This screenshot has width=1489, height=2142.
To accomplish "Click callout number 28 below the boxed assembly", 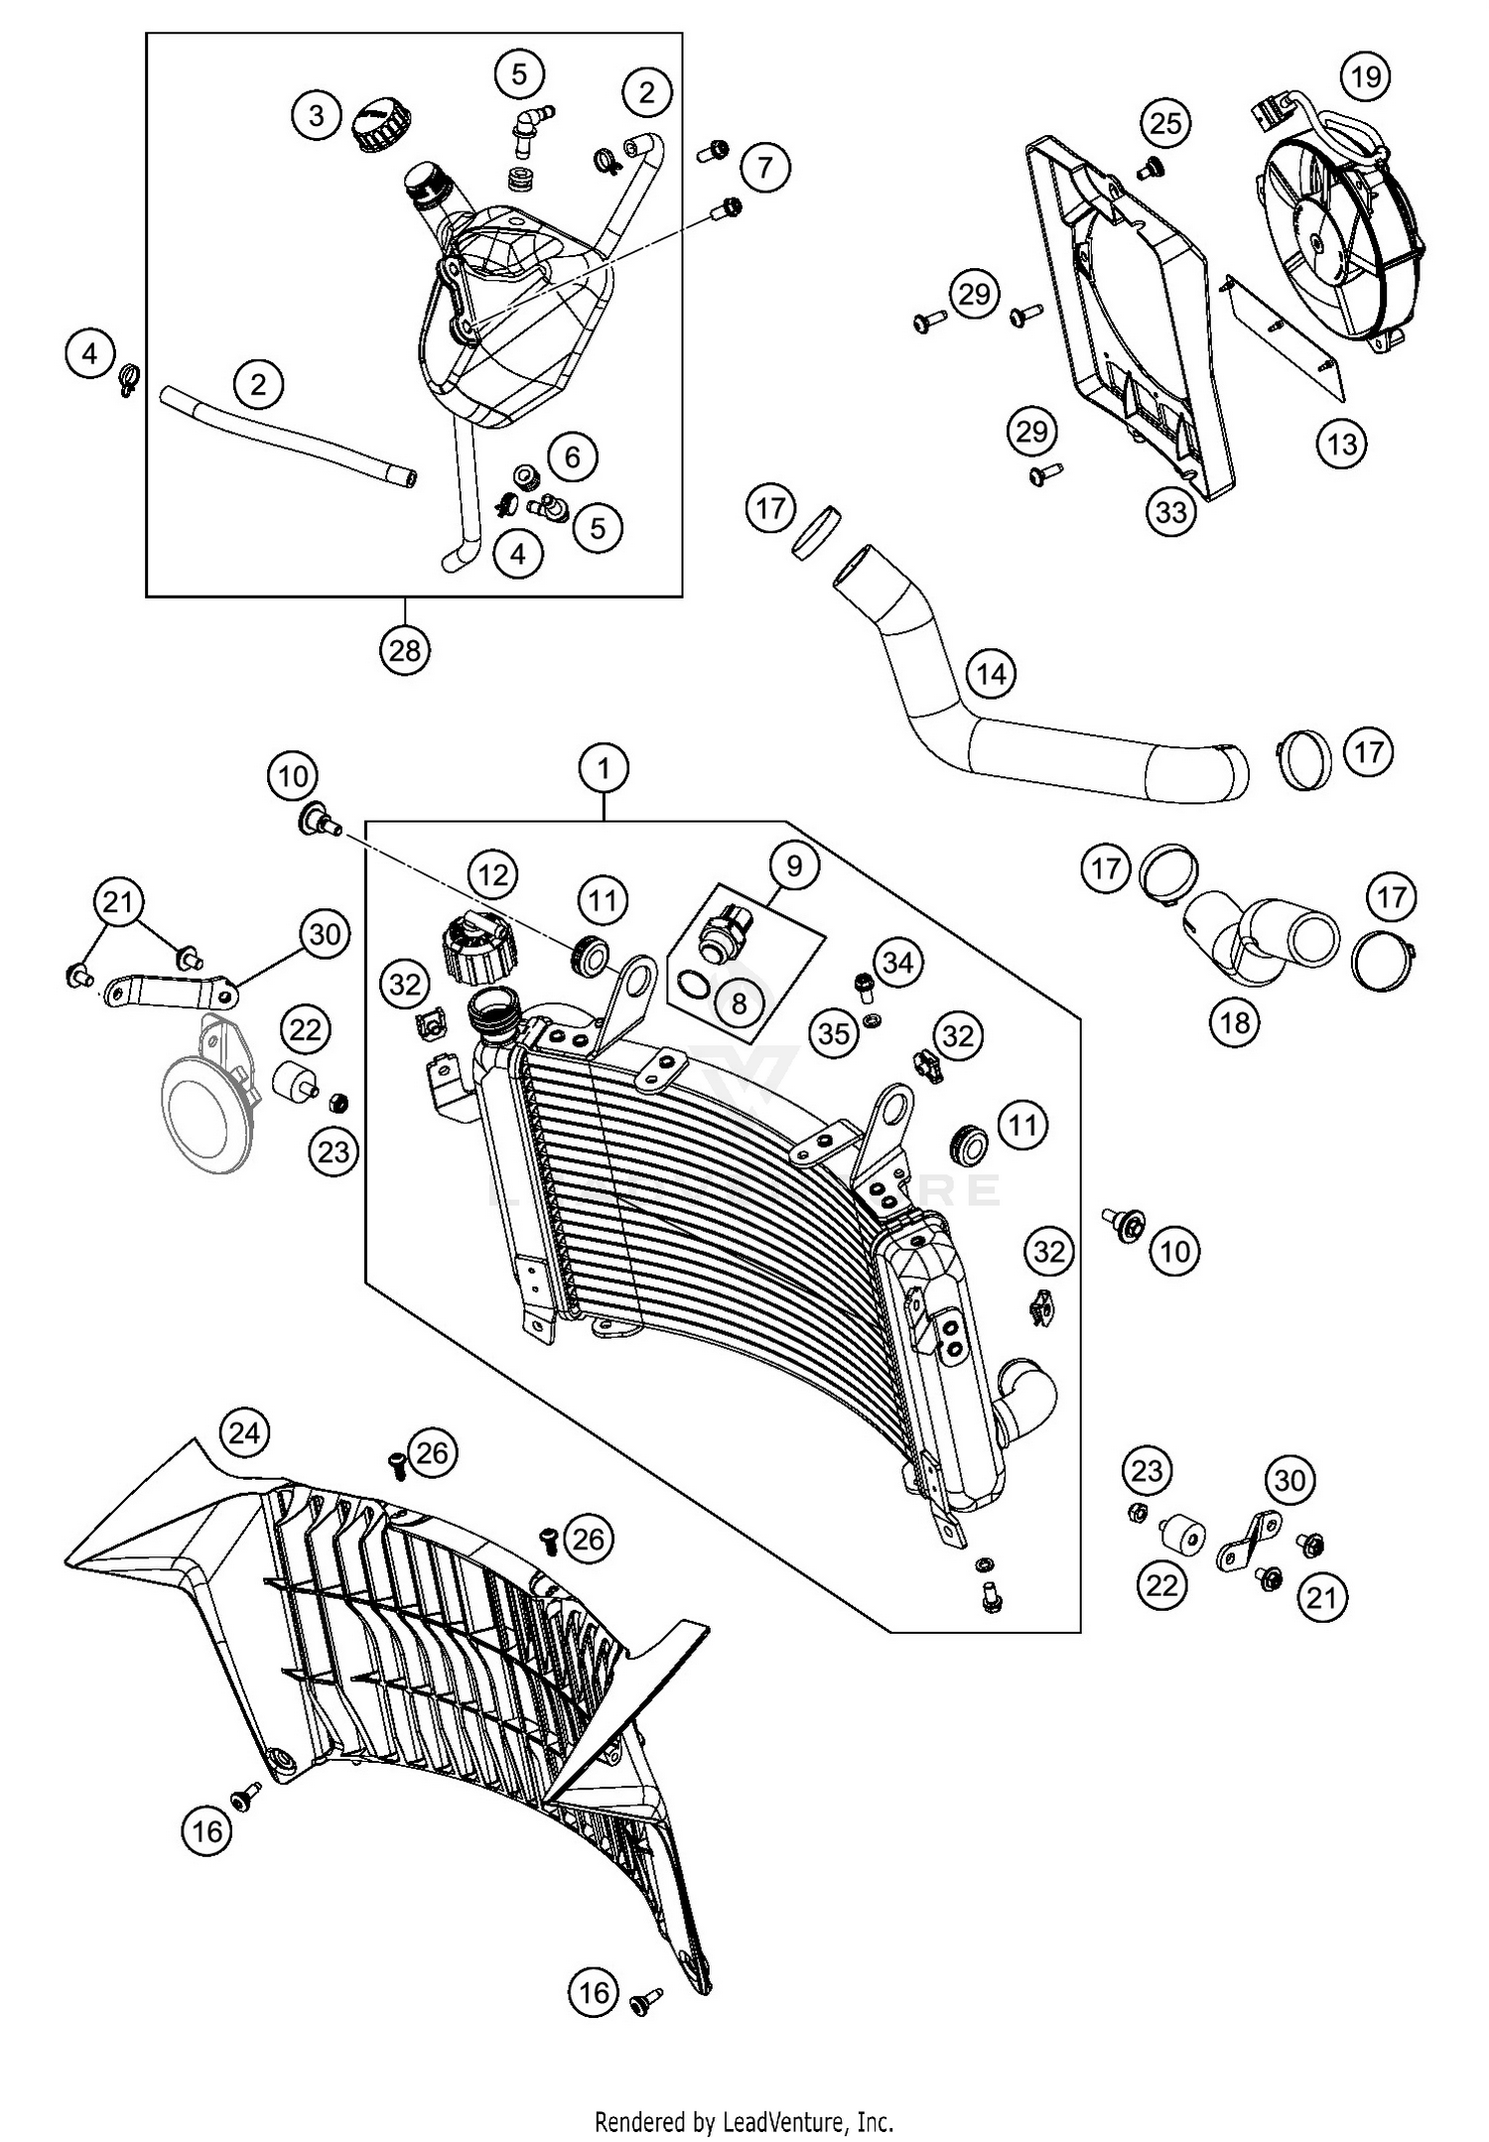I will pyautogui.click(x=405, y=651).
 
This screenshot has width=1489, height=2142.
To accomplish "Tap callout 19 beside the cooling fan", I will pyautogui.click(x=1366, y=76).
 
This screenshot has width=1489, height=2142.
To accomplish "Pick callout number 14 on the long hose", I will pyautogui.click(x=991, y=675).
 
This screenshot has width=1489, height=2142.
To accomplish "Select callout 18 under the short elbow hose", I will pyautogui.click(x=1235, y=1021).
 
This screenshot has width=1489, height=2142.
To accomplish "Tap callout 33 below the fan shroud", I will pyautogui.click(x=1171, y=512).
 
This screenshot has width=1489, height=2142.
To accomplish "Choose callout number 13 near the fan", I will pyautogui.click(x=1342, y=444).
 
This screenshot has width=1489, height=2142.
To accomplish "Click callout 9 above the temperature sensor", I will pyautogui.click(x=793, y=866).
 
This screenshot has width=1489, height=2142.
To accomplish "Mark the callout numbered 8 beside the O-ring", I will pyautogui.click(x=739, y=1004).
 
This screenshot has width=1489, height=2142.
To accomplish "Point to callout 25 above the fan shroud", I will pyautogui.click(x=1165, y=123).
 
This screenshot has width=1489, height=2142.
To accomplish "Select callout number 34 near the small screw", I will pyautogui.click(x=897, y=963).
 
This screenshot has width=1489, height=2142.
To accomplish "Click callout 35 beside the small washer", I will pyautogui.click(x=834, y=1034).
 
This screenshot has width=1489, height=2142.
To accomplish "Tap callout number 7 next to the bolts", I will pyautogui.click(x=764, y=167).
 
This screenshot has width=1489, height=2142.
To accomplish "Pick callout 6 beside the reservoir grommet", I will pyautogui.click(x=572, y=457).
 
